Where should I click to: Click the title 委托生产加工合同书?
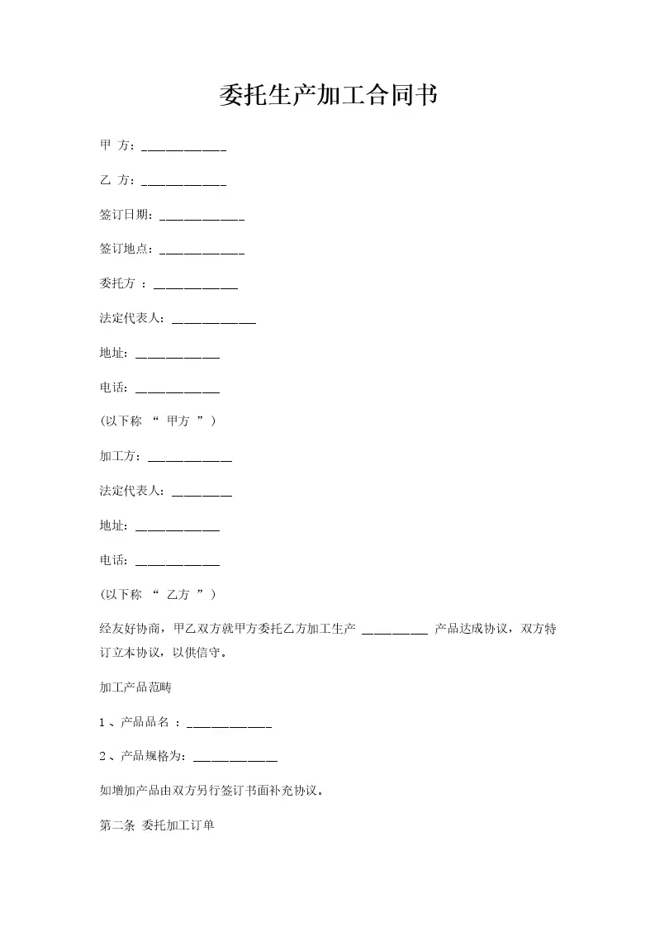pyautogui.click(x=328, y=96)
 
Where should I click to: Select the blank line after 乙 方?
pyautogui.click(x=184, y=183)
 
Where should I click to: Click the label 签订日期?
pyautogui.click(x=125, y=215)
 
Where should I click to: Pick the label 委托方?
pyautogui.click(x=117, y=283)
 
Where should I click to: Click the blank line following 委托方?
pyautogui.click(x=196, y=287)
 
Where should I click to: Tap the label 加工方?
pyautogui.click(x=119, y=456)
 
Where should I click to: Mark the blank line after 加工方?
pyautogui.click(x=189, y=459)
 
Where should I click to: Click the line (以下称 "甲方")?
pyautogui.click(x=158, y=421)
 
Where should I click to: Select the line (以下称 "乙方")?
pyautogui.click(x=158, y=595)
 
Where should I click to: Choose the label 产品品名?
pyautogui.click(x=145, y=723)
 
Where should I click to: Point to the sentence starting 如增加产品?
pyautogui.click(x=211, y=791)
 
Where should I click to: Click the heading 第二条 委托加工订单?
pyautogui.click(x=157, y=825)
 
